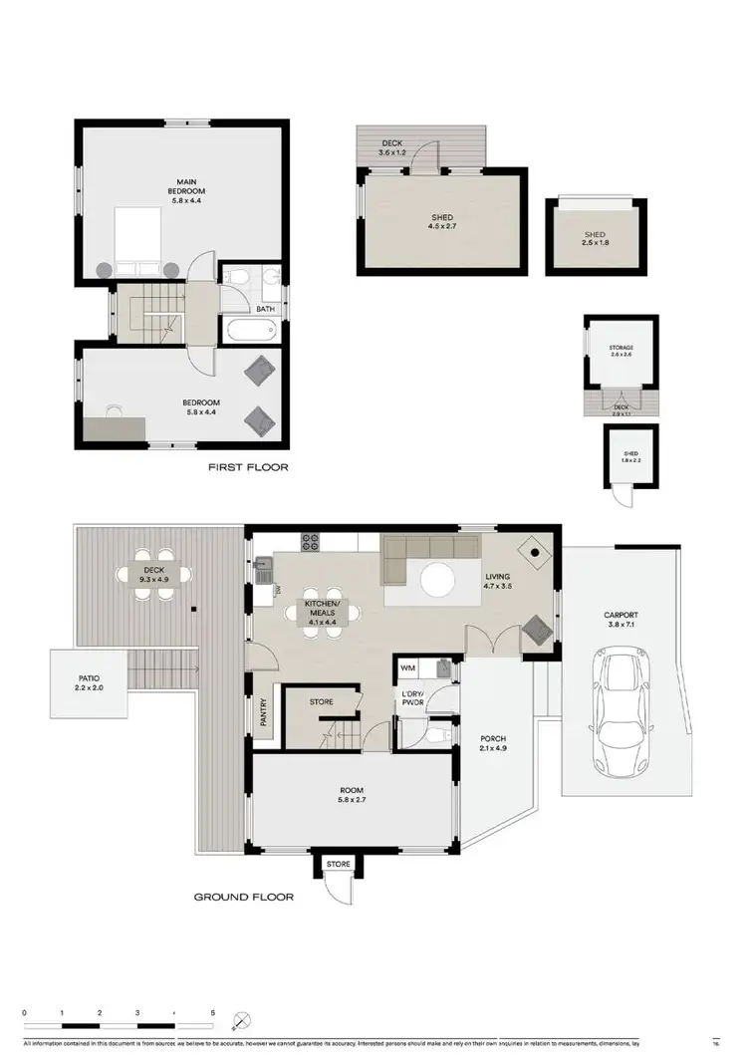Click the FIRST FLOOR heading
tap(248, 466)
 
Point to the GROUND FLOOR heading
tap(243, 897)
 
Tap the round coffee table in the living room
tap(437, 580)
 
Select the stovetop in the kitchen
tap(311, 543)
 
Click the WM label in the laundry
tap(407, 667)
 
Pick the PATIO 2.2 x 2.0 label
tap(89, 681)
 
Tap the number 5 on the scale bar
tap(213, 1012)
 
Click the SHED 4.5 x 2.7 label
tap(442, 222)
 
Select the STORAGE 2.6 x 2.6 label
tap(621, 353)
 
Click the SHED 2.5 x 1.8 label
tap(594, 240)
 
